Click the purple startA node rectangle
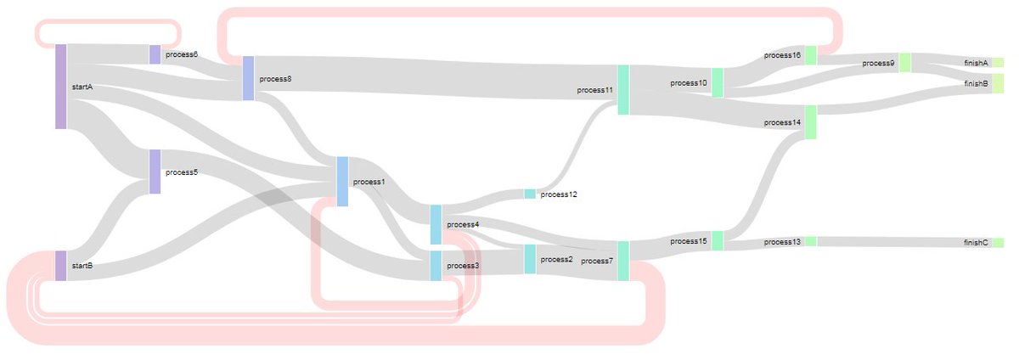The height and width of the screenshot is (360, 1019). click(60, 87)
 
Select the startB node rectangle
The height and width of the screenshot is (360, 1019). click(60, 265)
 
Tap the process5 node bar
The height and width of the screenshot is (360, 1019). click(155, 172)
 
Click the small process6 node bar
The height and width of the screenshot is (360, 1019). click(155, 54)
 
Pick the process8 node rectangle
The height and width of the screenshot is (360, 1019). click(248, 78)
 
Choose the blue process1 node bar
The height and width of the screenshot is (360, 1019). click(342, 181)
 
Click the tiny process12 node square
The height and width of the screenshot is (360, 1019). click(530, 194)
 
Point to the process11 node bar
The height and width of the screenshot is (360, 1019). click(623, 89)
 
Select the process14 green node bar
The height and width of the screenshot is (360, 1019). click(810, 122)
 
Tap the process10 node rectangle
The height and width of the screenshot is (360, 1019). click(718, 83)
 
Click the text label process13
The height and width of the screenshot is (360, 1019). click(782, 242)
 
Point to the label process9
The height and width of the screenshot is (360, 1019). click(878, 63)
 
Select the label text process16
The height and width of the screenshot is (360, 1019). click(782, 55)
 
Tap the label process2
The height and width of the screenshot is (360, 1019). click(556, 259)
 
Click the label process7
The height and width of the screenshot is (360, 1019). click(597, 261)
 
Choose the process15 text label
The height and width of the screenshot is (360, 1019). click(688, 241)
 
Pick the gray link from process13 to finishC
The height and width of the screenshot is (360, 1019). click(892, 242)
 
